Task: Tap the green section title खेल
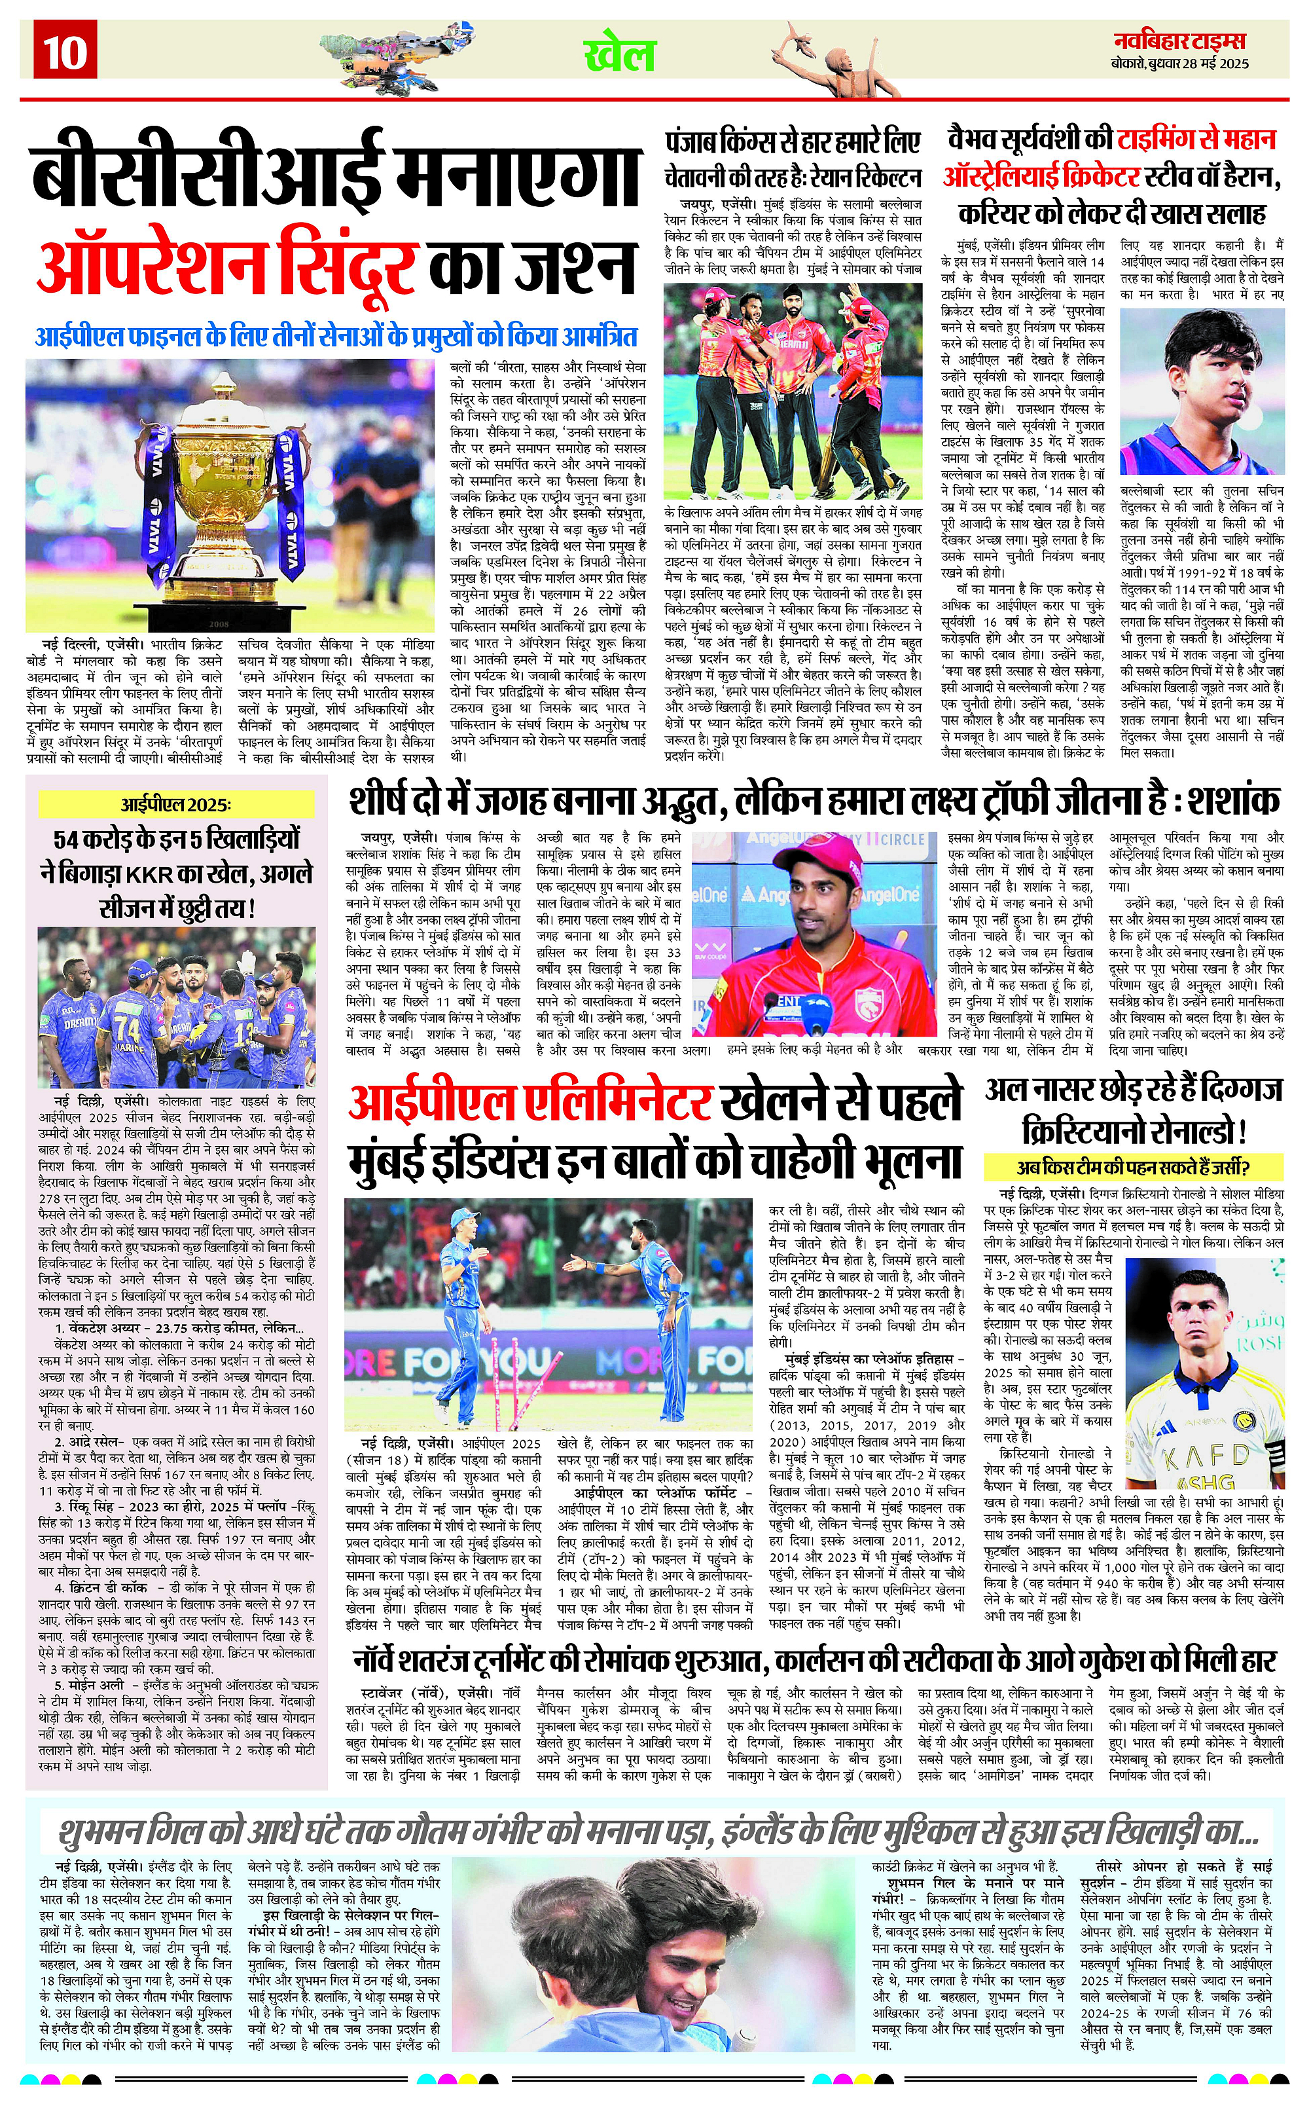pos(619,56)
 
